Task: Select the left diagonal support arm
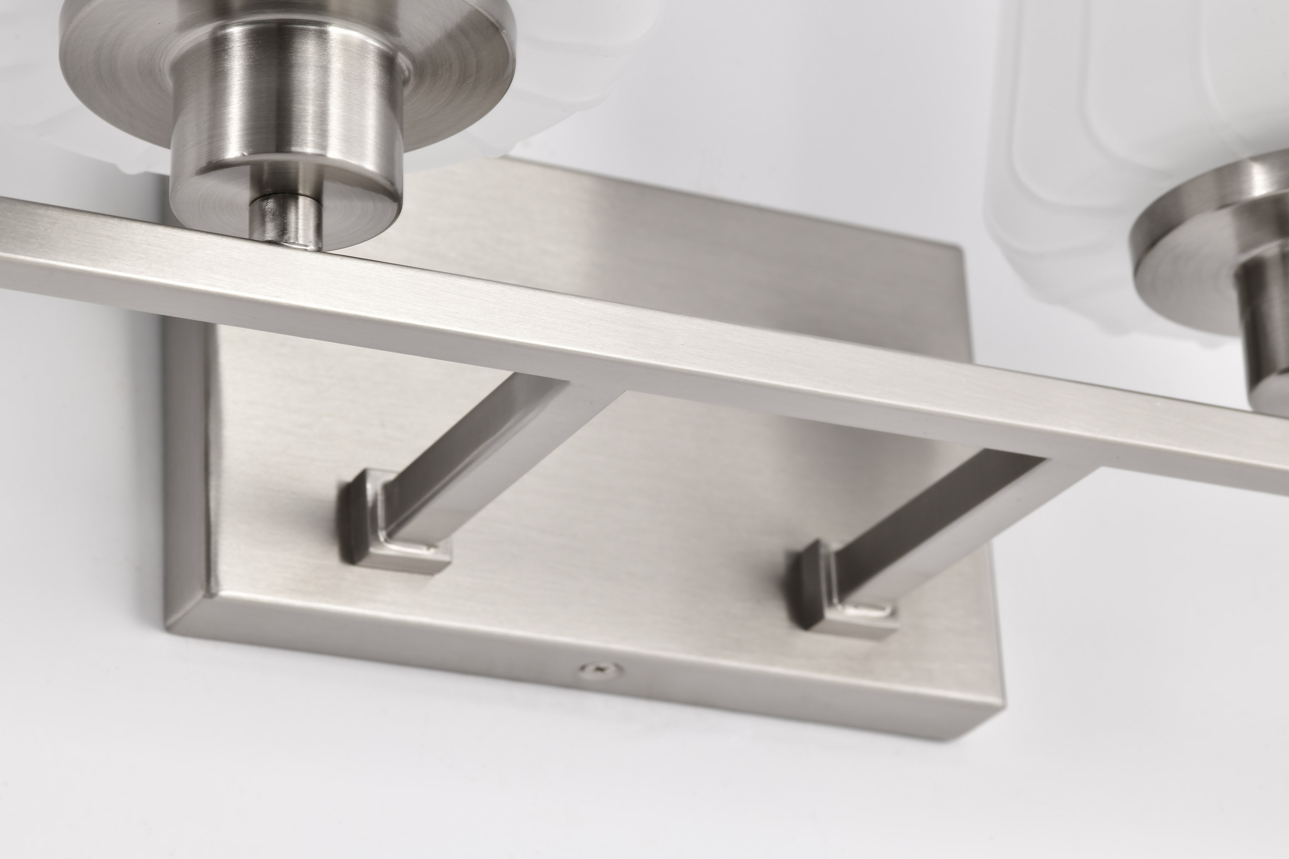[x=477, y=438]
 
